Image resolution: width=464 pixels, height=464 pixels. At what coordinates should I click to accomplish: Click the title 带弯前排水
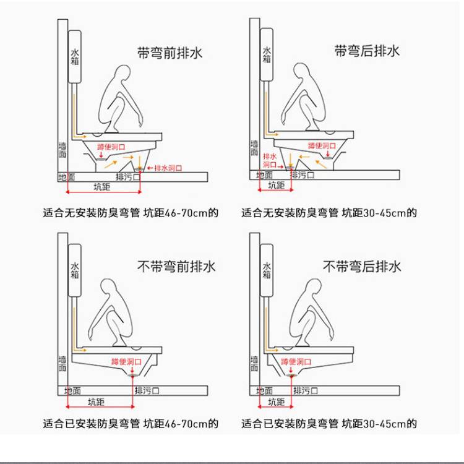pos(170,53)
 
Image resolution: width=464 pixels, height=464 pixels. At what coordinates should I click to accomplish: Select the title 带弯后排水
pos(367,51)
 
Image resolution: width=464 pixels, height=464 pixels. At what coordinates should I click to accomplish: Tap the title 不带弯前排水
pos(176,267)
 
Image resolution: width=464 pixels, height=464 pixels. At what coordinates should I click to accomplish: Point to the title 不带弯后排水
pos(362,267)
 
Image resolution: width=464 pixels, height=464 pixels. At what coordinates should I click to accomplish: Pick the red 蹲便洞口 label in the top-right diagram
pos(322,146)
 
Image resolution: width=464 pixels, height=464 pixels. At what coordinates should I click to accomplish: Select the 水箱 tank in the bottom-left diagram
pos(75,270)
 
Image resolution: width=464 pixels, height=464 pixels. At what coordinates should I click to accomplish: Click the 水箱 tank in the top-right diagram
pos(267,54)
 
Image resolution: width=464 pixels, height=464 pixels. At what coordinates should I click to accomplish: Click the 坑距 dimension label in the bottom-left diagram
pos(96,402)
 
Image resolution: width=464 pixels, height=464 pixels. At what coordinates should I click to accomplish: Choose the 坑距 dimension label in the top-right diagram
pos(276,186)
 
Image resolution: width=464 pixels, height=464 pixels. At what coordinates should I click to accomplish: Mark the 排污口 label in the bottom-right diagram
pos(306,390)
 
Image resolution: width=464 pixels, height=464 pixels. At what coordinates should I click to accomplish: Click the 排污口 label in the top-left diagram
pos(128,177)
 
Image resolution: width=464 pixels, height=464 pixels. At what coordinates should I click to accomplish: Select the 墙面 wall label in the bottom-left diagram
pos(62,364)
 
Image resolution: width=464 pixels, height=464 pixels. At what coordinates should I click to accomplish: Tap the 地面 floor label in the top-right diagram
pos(264,175)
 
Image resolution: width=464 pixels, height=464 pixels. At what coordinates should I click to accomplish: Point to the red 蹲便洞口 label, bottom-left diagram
pos(126,362)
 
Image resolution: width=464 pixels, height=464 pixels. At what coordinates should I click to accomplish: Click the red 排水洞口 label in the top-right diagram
pos(270,160)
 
